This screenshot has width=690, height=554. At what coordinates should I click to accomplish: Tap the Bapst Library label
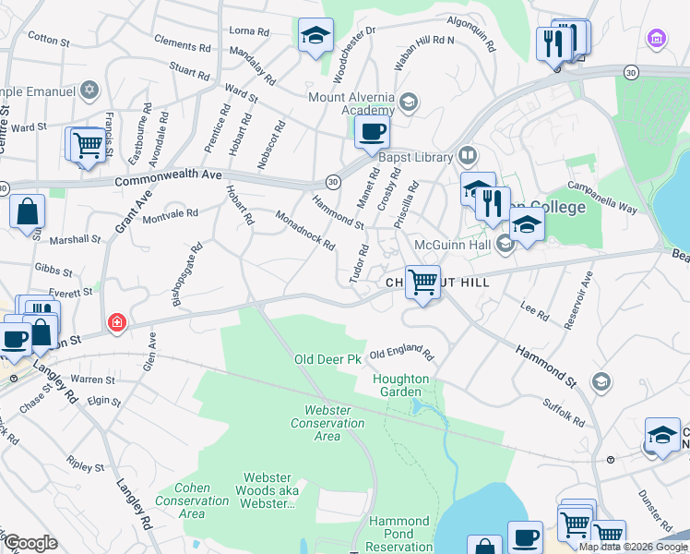pyautogui.click(x=427, y=157)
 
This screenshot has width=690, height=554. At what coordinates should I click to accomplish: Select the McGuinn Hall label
pyautogui.click(x=450, y=244)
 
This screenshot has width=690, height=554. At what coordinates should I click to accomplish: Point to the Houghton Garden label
pyautogui.click(x=400, y=385)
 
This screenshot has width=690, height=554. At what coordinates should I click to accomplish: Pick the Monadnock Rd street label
pyautogui.click(x=304, y=229)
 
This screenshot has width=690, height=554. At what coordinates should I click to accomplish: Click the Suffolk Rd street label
pyautogui.click(x=564, y=410)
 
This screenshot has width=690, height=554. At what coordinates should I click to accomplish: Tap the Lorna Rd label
pyautogui.click(x=249, y=30)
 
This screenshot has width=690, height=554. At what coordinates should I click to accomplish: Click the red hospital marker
pyautogui.click(x=116, y=322)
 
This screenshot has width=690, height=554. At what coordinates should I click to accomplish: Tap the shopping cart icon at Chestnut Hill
pyautogui.click(x=422, y=281)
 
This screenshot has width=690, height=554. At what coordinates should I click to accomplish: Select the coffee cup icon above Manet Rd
pyautogui.click(x=372, y=131)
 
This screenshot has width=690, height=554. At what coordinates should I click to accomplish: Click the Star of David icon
pyautogui.click(x=89, y=90)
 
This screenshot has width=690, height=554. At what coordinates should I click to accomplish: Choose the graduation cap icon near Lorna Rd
pyautogui.click(x=315, y=36)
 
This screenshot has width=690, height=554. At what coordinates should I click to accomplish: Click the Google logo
pyautogui.click(x=30, y=543)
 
